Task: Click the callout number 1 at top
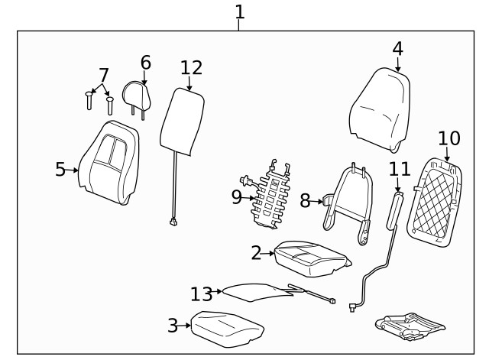[x=240, y=12]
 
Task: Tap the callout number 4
[x=397, y=49]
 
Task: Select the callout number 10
[x=449, y=138]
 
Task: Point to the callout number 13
[x=202, y=294]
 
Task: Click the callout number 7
[x=103, y=75]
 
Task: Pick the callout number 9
[x=236, y=197]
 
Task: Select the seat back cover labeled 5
[x=112, y=164]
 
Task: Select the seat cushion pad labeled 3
[x=227, y=327]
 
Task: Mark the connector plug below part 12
[x=173, y=223]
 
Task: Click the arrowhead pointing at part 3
[x=187, y=326]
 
